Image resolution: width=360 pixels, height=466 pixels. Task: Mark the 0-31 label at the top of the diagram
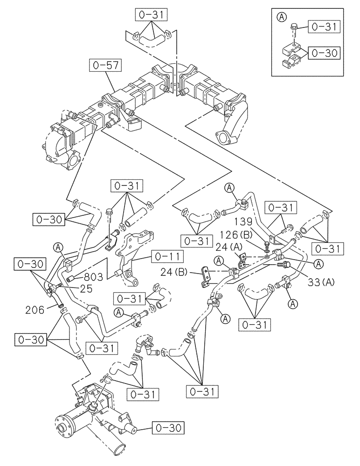coord(152,15)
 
